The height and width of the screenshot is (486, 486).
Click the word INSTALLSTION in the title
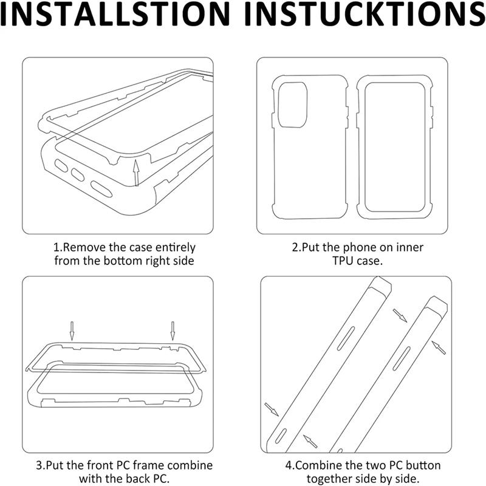115,14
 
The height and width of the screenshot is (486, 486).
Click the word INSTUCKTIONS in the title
365,14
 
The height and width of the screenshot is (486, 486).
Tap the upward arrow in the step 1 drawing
135,173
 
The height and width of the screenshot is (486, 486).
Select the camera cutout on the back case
292,104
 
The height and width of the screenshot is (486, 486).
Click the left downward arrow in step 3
72,330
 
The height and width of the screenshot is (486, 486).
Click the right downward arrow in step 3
173,330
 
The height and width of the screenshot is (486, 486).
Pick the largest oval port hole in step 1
101,189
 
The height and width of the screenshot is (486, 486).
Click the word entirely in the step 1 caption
176,247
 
